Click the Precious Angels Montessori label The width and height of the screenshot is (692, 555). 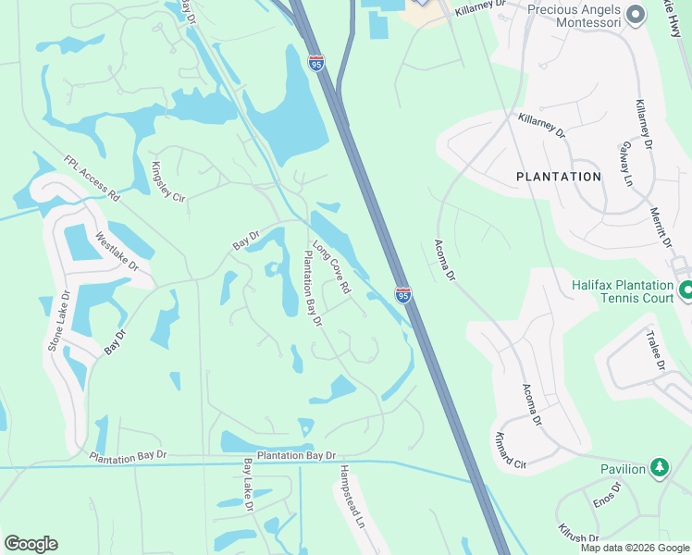[x=573, y=11]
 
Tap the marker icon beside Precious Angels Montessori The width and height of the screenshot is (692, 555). [x=635, y=13]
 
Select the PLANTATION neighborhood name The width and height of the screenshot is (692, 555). [x=558, y=176]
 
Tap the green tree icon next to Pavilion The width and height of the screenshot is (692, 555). [x=659, y=468]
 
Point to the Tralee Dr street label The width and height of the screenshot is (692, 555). [x=655, y=352]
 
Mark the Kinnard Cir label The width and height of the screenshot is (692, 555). [x=511, y=449]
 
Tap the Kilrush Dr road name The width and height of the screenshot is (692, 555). [x=579, y=533]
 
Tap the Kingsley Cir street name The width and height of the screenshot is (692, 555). [x=167, y=182]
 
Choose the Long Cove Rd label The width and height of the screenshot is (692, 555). [x=331, y=267]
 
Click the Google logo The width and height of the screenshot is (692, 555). [x=31, y=544]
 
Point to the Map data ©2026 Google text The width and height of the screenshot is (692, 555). [x=635, y=548]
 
